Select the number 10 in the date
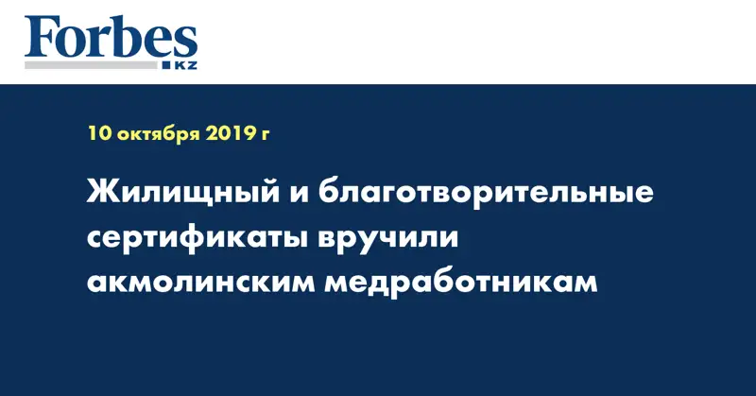pos(98,134)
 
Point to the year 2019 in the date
pos(228,134)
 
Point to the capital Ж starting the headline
pos(102,196)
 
